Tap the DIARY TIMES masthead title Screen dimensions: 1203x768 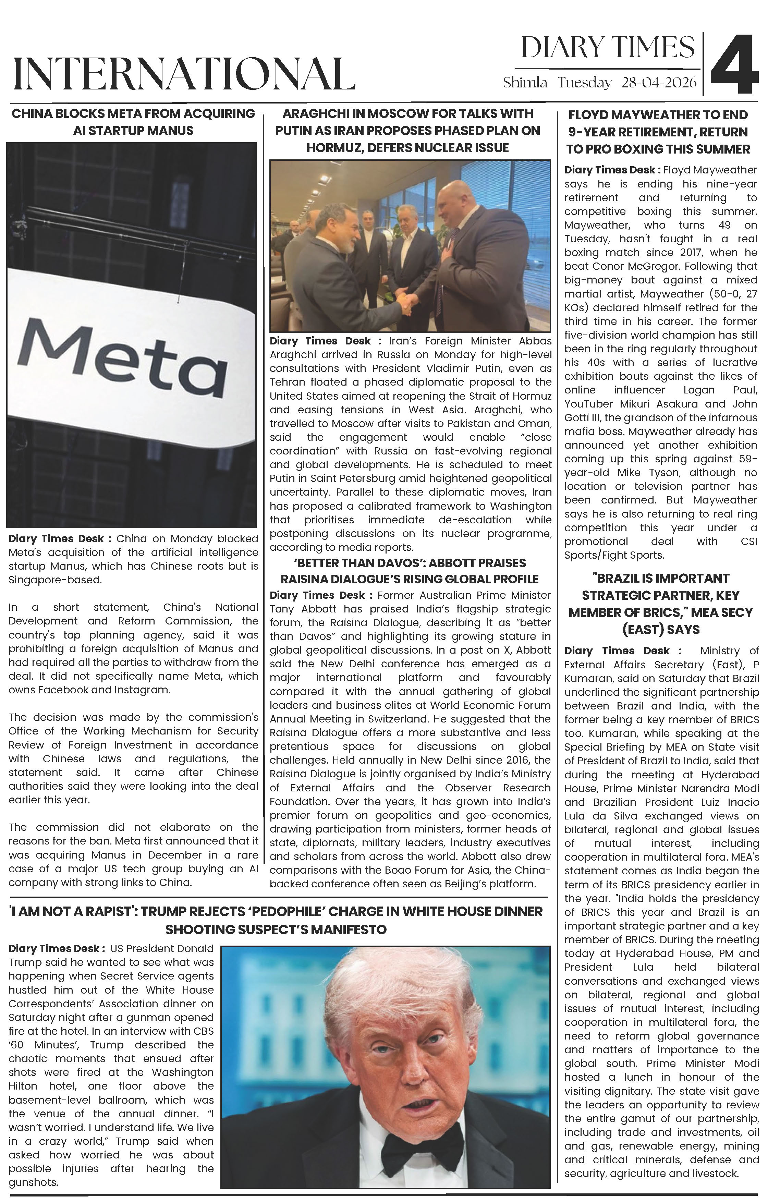608,48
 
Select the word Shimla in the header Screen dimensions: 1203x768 525,83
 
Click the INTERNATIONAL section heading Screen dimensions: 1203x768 184,74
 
